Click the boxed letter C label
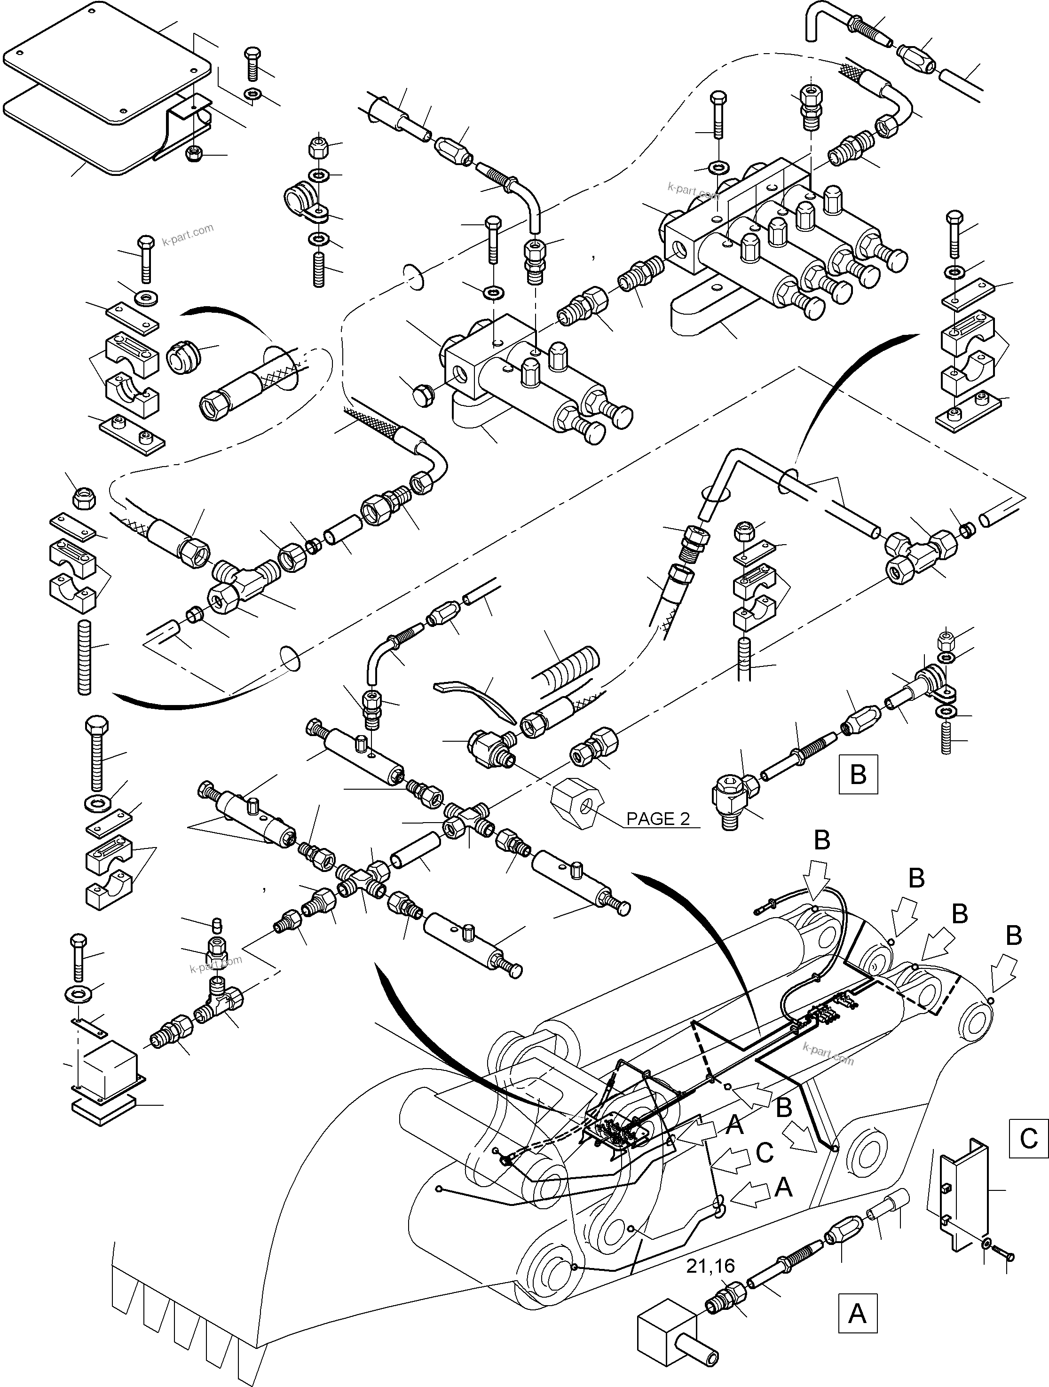coord(1028,1137)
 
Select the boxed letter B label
coord(857,774)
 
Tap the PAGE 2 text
coord(658,818)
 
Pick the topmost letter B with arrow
coord(821,840)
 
